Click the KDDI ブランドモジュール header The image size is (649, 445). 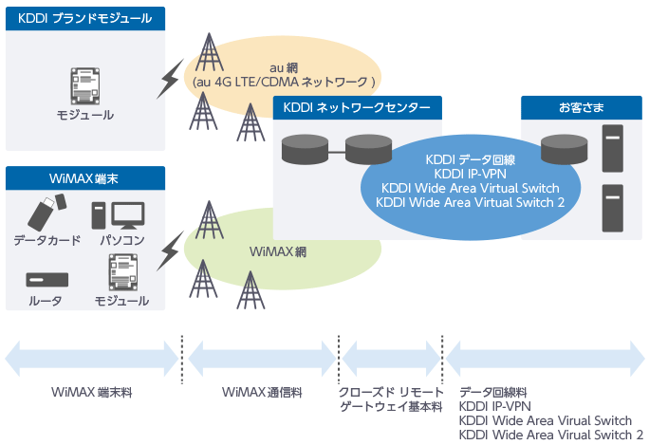pos(85,19)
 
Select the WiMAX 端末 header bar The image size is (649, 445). pos(85,178)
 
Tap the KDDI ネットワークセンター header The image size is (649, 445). pos(357,108)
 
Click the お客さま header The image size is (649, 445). pos(581,108)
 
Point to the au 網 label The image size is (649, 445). pos(284,67)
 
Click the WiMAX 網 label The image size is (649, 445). pos(278,251)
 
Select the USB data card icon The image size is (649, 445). pos(46,213)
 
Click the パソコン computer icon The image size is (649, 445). pos(118,215)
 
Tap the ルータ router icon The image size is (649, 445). pos(47,280)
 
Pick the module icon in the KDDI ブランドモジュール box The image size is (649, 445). pos(84,86)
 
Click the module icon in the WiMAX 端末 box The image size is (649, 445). pos(123,272)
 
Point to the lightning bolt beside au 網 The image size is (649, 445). pos(170,79)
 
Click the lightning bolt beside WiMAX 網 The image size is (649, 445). pos(170,251)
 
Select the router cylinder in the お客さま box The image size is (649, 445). pos(565,149)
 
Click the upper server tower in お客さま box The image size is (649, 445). pos(613,148)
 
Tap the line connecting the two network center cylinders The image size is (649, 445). pos(337,152)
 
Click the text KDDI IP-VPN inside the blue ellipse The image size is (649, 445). pos(471,174)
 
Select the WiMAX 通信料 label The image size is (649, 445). pos(262,392)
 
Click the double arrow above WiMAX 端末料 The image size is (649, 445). pos(92,359)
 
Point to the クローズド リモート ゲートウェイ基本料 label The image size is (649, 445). pos(391,399)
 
